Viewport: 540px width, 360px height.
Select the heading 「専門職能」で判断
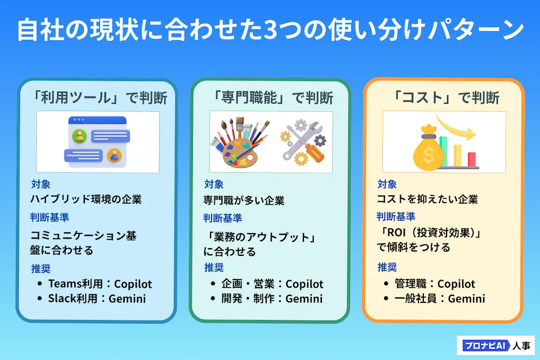click(272, 98)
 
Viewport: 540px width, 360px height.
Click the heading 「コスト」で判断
click(446, 98)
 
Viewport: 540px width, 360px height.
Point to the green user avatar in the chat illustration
click(79, 136)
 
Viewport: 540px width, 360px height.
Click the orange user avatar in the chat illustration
click(114, 155)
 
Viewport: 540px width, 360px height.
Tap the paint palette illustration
click(240, 143)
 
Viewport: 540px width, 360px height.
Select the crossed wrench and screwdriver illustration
click(303, 142)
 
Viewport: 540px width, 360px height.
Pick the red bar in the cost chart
click(472, 159)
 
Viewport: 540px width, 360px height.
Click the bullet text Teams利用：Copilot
click(100, 284)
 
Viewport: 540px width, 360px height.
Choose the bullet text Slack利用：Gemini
click(97, 298)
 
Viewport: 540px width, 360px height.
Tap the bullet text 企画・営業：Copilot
click(272, 284)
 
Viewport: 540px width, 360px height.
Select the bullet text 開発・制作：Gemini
click(272, 298)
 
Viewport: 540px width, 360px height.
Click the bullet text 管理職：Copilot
click(435, 284)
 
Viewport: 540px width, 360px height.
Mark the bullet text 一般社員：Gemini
click(440, 298)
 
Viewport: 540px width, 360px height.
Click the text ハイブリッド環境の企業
click(86, 199)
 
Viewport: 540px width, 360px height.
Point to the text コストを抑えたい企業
click(427, 199)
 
